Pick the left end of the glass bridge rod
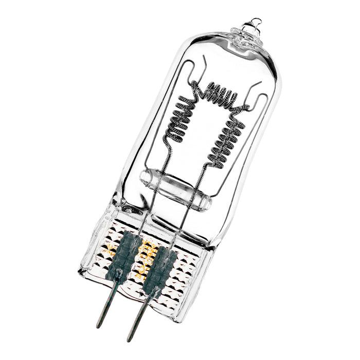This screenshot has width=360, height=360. tap(145, 177)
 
